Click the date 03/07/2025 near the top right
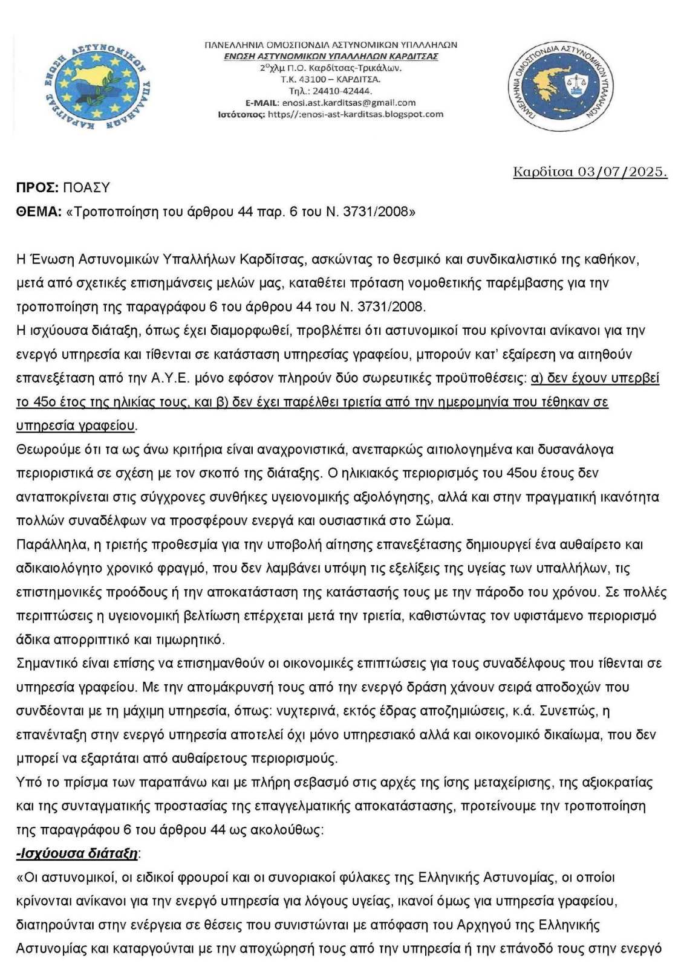[x=622, y=172]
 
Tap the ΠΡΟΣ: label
[x=37, y=187]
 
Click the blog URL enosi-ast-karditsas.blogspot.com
[x=356, y=114]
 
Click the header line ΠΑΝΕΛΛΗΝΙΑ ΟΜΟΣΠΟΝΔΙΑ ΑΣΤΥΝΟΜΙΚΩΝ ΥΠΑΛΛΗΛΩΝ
[x=331, y=45]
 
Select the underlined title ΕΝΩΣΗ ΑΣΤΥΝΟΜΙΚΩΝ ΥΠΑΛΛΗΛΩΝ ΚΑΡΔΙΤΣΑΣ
[x=331, y=56]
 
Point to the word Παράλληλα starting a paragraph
[x=51, y=545]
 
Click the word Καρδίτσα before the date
[x=544, y=172]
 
